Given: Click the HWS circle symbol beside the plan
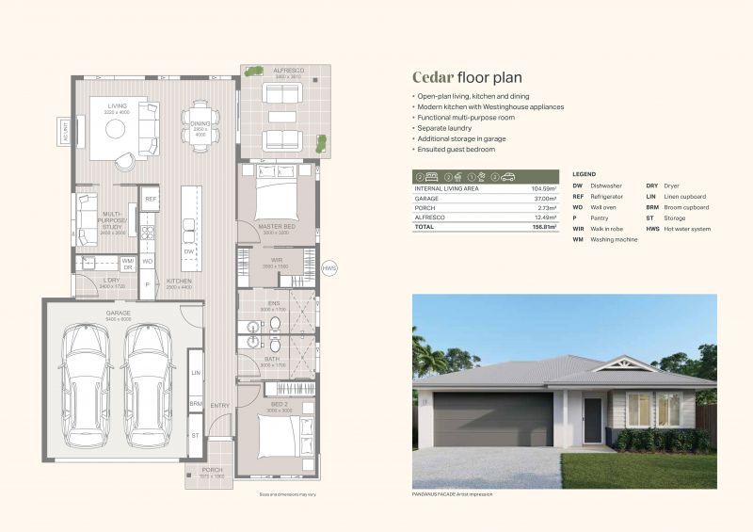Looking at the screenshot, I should [329, 268].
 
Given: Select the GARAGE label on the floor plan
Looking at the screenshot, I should [119, 313].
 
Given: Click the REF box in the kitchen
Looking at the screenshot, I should [151, 199].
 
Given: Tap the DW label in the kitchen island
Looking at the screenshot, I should [189, 251].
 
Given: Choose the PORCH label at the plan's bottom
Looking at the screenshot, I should [212, 470].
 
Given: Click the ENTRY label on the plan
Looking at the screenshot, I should [220, 406].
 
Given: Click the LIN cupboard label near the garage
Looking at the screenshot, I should [196, 374].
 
